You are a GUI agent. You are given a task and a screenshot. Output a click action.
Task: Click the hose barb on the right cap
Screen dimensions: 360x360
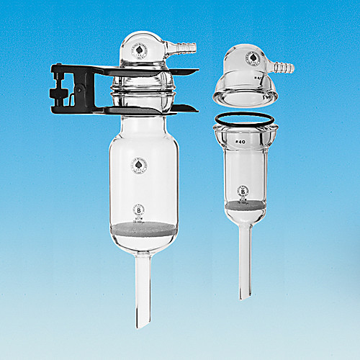(x=285, y=68)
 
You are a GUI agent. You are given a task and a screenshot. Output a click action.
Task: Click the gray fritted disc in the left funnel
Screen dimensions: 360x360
(x=143, y=232)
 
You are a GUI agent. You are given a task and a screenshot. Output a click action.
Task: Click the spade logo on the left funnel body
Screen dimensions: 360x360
(x=135, y=166)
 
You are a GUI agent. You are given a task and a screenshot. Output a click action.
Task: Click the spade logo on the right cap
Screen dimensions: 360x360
(x=251, y=58)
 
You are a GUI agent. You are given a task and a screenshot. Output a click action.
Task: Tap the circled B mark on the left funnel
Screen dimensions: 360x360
(x=140, y=210)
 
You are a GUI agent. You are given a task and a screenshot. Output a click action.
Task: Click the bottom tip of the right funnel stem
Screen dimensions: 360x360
(x=246, y=293)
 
